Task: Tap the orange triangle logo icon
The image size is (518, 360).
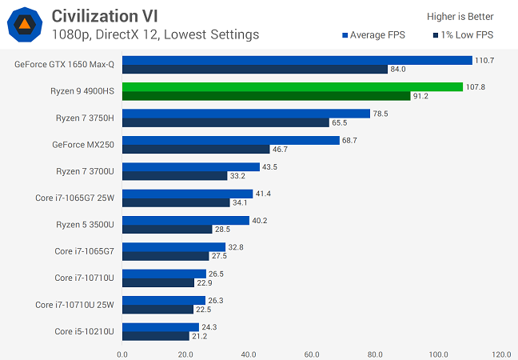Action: (24, 26)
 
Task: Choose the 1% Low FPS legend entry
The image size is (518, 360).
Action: (463, 35)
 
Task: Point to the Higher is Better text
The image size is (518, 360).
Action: (461, 16)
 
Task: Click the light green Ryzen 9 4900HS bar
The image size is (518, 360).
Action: (293, 86)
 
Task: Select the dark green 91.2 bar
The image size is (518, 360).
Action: (266, 96)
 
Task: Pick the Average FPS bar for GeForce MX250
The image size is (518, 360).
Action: (231, 140)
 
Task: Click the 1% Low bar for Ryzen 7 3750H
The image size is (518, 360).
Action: (225, 122)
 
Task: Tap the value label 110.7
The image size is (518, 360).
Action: (484, 60)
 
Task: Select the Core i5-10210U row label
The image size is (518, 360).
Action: (84, 331)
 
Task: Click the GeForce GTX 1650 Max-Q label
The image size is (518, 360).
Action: (64, 64)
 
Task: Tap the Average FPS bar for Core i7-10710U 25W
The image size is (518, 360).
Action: (164, 300)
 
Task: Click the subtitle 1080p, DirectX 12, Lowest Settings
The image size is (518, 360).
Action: (155, 34)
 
